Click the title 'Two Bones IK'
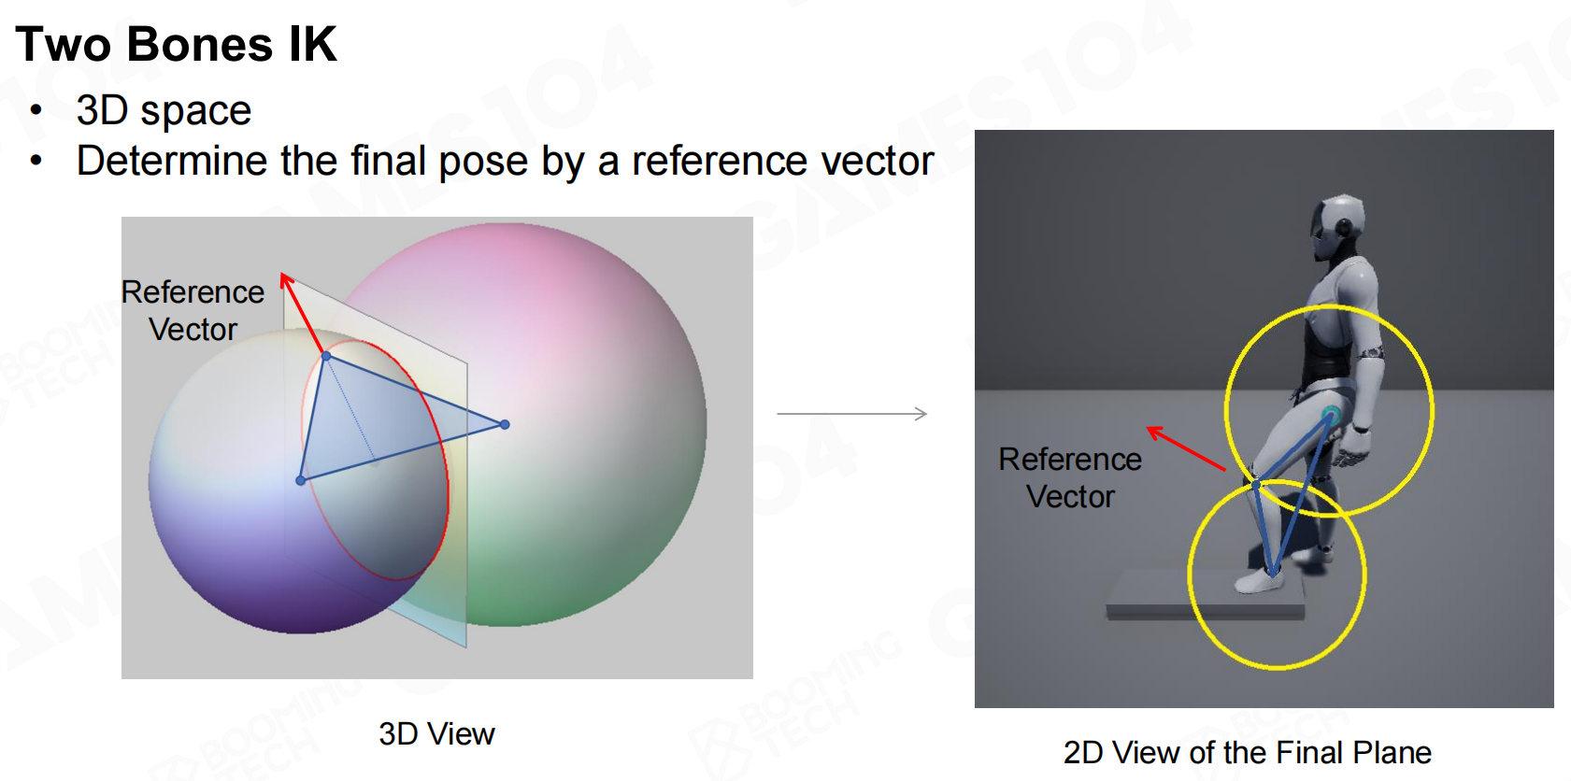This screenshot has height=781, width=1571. pos(176,44)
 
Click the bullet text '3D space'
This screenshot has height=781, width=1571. pos(164,111)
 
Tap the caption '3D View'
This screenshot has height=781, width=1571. pos(436,734)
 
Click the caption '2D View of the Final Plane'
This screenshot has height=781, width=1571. pos(1247,752)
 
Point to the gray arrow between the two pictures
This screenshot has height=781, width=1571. pos(851,414)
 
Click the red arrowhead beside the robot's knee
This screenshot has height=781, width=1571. pos(1155,432)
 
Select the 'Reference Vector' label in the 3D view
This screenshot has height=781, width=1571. pos(193,310)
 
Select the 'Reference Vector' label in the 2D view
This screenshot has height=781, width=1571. pos(1070,478)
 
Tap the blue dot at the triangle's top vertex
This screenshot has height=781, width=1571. pos(326,357)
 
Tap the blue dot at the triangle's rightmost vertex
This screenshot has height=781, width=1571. pos(505,424)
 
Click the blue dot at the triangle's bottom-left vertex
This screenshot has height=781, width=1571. pos(300,481)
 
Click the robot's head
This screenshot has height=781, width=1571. pos(1338,225)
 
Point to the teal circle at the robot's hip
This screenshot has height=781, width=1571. pos(1330,415)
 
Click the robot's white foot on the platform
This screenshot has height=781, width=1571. pos(1259,580)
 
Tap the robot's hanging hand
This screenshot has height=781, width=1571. pos(1350,448)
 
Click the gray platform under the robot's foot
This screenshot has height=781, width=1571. pos(1206,597)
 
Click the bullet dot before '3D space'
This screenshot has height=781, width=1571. pos(36,110)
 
